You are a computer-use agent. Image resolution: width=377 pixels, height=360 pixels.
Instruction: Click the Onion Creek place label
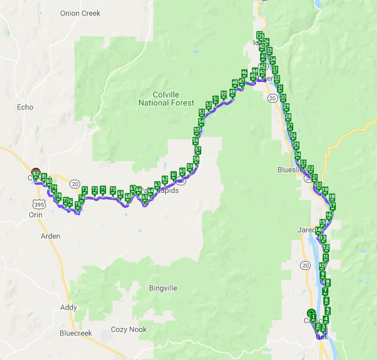(x=81, y=13)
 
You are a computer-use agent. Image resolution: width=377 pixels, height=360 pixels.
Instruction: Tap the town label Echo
(x=25, y=107)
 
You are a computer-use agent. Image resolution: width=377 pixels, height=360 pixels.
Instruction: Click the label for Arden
(x=50, y=236)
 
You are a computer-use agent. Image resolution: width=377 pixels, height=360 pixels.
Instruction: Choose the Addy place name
(x=69, y=307)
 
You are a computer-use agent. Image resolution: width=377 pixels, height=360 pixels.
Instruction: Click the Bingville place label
(x=163, y=288)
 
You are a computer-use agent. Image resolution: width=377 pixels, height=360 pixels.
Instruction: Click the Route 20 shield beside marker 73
(x=75, y=183)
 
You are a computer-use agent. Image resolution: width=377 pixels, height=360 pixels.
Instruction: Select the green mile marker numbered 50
(x=224, y=94)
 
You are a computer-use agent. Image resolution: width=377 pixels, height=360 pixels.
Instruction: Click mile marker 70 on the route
(x=113, y=190)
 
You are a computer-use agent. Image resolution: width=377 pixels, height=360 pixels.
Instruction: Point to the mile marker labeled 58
(x=196, y=159)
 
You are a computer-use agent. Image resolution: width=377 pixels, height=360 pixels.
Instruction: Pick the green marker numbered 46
(x=244, y=73)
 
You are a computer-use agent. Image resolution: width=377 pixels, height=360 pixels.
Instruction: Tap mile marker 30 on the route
(x=283, y=98)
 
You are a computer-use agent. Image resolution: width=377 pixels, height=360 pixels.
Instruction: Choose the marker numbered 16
(x=329, y=215)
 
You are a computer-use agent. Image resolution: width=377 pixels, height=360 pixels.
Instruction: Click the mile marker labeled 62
(x=165, y=179)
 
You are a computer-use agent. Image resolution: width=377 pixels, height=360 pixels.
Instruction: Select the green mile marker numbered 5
(x=328, y=310)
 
